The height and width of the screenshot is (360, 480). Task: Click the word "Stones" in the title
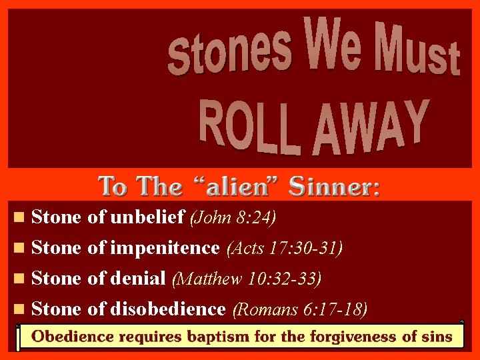point(229,51)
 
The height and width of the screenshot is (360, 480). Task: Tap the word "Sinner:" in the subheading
point(334,186)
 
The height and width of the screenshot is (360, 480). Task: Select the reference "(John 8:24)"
point(233,217)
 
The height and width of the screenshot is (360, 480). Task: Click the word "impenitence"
point(165,248)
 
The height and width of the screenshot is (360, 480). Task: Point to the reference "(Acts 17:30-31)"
point(285,249)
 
